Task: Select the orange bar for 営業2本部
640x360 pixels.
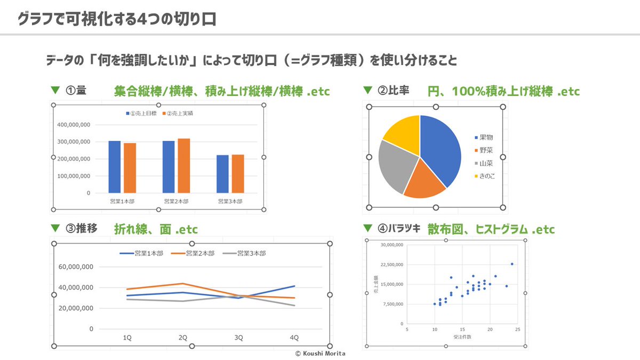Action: pos(183,166)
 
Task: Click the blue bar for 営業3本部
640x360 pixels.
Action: pos(222,174)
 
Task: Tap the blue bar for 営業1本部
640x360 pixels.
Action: pos(114,167)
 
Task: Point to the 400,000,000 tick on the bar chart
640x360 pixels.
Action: pos(73,125)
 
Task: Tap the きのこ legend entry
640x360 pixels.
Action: pos(486,175)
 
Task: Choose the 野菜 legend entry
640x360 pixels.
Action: pos(486,150)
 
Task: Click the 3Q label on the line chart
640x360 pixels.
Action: pos(238,338)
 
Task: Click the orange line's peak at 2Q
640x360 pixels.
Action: pos(182,284)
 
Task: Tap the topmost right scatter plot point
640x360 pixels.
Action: pos(512,264)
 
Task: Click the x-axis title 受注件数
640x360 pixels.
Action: pos(462,337)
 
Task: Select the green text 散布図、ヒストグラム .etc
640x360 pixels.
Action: pos(491,229)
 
